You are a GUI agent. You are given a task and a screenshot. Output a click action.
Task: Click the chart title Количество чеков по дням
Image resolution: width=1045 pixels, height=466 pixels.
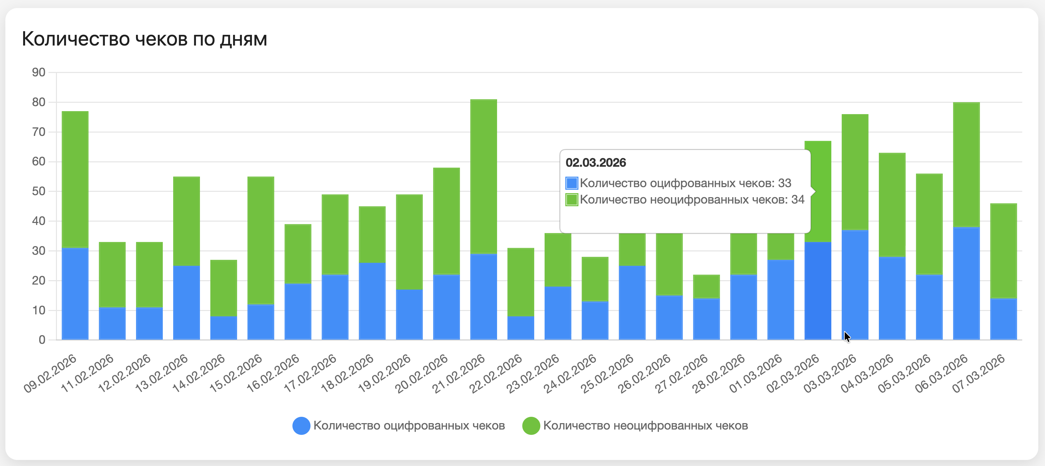144,40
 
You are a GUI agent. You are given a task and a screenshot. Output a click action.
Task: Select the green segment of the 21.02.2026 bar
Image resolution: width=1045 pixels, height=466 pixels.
484,176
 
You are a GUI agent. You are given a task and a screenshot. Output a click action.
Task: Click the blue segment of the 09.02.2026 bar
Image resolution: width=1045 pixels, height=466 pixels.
75,294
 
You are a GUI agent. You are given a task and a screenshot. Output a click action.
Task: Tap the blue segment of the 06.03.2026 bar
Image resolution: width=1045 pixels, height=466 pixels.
966,283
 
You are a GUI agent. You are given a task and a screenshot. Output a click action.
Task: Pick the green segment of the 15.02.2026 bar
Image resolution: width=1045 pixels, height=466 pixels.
261,240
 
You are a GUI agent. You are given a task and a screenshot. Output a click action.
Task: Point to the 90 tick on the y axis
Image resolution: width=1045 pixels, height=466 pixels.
39,73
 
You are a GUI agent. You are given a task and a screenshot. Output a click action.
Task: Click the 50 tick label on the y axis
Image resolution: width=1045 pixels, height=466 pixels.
39,191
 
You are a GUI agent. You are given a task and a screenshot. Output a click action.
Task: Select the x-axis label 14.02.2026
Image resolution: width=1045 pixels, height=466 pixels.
199,373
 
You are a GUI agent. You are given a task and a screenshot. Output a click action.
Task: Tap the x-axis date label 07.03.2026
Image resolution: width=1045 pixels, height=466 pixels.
978,373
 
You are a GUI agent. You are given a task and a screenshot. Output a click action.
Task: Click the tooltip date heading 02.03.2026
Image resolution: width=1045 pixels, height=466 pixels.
596,163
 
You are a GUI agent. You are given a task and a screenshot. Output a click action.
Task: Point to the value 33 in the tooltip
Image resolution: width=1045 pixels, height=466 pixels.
784,183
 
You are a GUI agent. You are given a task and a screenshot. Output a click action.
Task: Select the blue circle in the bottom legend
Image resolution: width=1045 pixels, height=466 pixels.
301,425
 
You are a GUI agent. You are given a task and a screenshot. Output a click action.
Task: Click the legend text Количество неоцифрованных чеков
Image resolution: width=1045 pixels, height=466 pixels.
645,425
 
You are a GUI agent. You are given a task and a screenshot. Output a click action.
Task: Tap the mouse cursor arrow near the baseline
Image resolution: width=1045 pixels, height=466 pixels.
847,336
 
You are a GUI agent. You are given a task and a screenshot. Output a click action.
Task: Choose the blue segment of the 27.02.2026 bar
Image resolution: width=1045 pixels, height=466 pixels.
706,319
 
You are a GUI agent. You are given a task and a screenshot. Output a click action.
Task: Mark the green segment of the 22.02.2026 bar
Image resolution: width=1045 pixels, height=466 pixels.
520,282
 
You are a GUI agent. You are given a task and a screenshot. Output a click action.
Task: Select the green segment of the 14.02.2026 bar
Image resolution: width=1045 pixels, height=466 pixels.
223,288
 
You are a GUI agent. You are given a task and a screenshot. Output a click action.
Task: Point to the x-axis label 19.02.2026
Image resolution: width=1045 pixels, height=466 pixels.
384,373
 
